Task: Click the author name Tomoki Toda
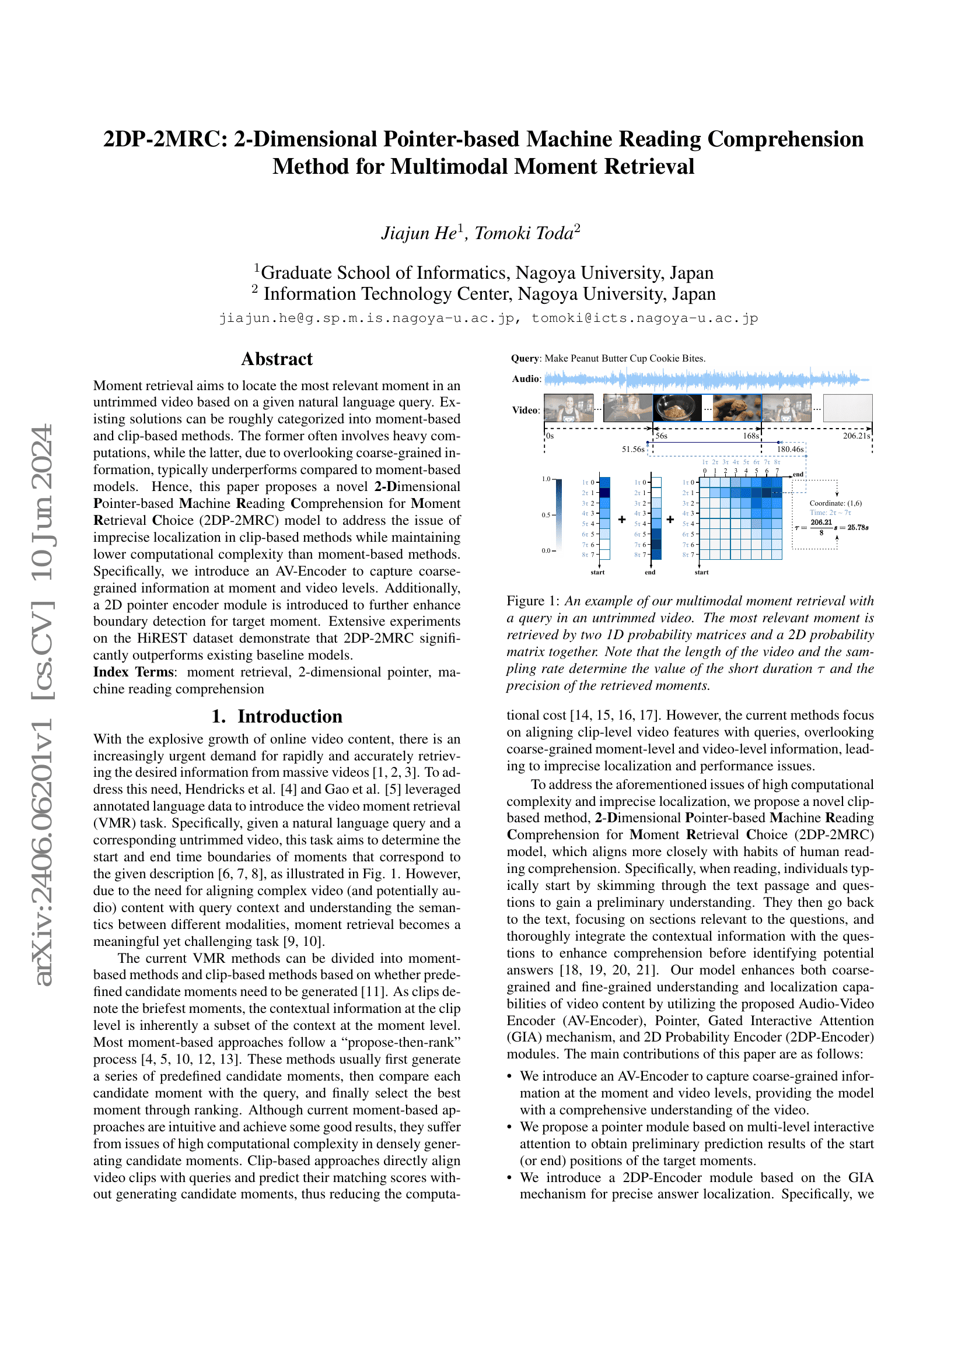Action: [524, 233]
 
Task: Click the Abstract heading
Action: [277, 359]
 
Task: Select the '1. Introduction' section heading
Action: [277, 716]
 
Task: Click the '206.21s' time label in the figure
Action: [856, 436]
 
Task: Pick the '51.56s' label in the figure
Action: [633, 449]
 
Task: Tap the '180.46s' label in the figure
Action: [791, 449]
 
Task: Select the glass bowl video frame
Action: [677, 408]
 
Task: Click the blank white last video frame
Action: [848, 408]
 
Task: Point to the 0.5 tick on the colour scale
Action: [546, 515]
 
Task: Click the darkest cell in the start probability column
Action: [605, 493]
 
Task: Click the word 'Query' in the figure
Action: [525, 358]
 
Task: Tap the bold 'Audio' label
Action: [526, 379]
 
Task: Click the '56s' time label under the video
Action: [662, 436]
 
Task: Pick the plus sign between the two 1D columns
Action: [622, 520]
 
